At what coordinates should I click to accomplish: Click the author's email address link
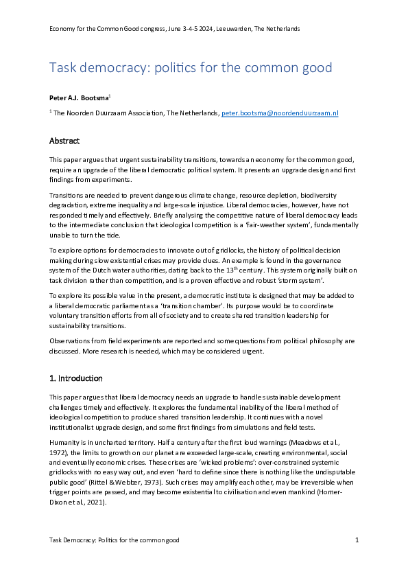(x=279, y=113)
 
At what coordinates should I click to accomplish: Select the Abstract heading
(x=64, y=141)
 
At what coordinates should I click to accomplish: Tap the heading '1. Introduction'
(x=76, y=378)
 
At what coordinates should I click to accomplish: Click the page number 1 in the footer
(x=357, y=541)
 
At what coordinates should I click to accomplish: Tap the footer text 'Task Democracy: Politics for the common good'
(x=114, y=541)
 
